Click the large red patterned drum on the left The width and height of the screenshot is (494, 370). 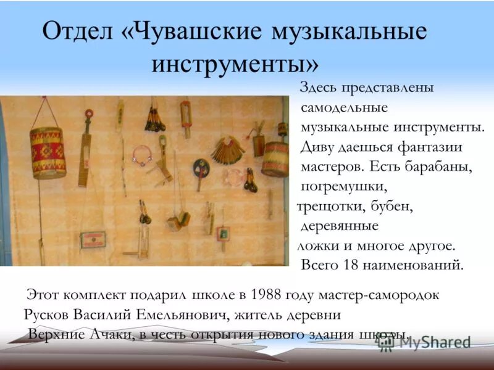[x=48, y=152]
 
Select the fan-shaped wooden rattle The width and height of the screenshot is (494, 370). [x=227, y=149]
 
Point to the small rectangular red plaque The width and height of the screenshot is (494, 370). [x=92, y=239]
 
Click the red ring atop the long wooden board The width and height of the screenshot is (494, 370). [x=89, y=114]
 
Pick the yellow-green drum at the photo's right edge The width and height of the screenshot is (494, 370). [x=276, y=157]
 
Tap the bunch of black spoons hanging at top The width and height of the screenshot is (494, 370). [x=154, y=121]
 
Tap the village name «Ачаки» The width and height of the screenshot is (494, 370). [x=118, y=334]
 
